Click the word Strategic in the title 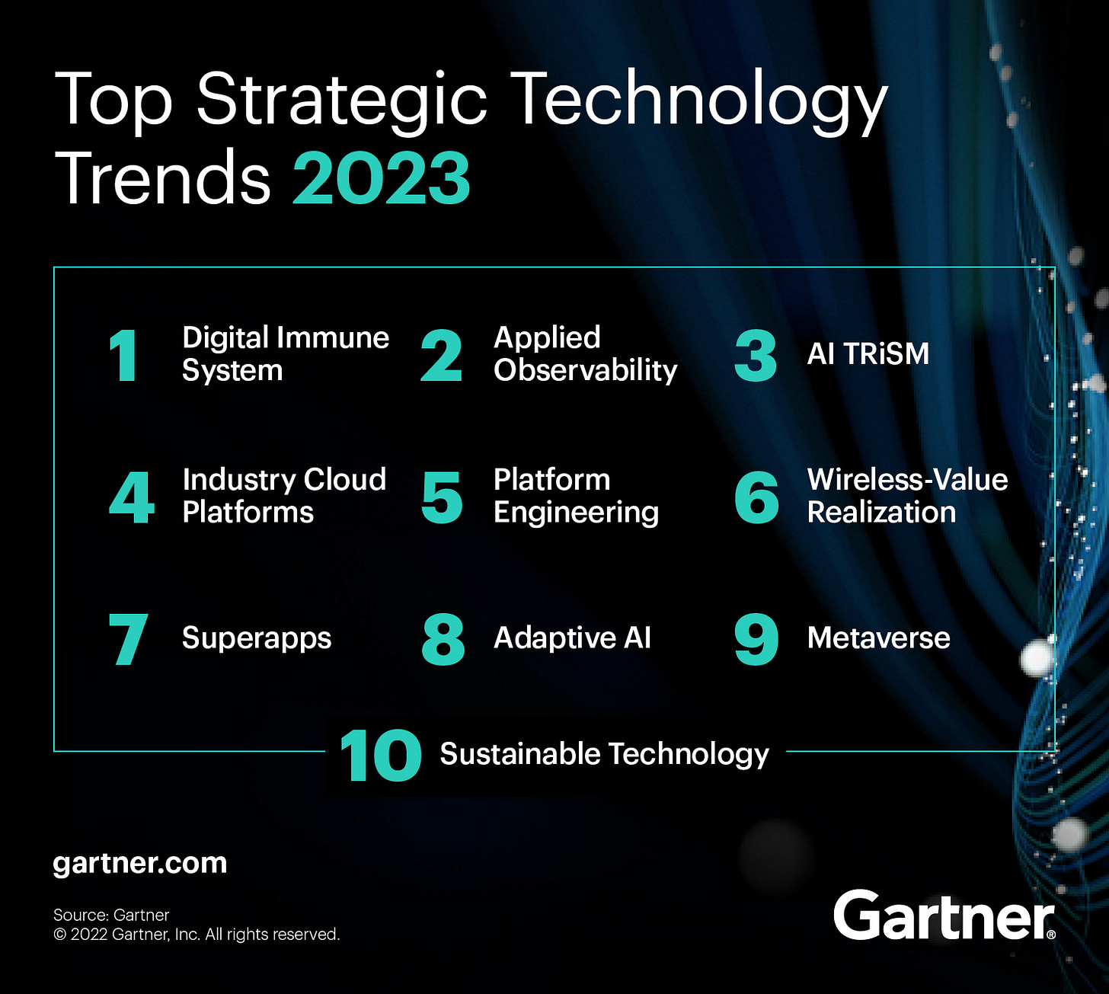341,99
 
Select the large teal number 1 123,356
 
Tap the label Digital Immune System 285,353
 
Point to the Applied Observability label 584,353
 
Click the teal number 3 755,356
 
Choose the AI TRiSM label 868,354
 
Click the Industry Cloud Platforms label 283,496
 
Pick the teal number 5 442,498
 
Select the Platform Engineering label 575,496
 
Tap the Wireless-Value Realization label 906,496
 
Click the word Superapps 256,638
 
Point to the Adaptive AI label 572,638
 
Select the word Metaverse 878,638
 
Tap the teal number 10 380,756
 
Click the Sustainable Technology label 604,754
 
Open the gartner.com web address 140,864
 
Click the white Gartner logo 943,916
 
